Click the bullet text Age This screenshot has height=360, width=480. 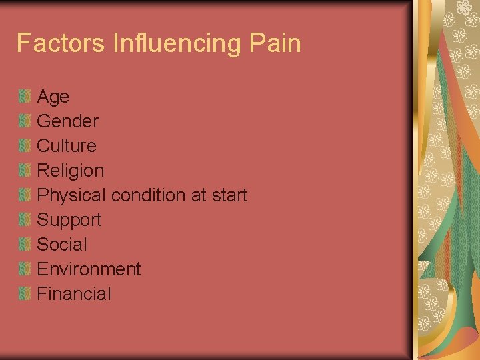[x=53, y=97]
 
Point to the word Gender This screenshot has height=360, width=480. [x=67, y=121]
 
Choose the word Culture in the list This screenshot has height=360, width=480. [x=67, y=146]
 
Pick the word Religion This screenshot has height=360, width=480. [x=71, y=171]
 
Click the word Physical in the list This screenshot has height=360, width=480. [x=71, y=195]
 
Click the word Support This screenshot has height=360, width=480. [x=69, y=220]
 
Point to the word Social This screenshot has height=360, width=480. [x=62, y=245]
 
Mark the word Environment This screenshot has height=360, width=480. [x=89, y=269]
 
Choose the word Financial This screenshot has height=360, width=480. [x=74, y=294]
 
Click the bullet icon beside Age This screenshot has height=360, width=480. [x=25, y=97]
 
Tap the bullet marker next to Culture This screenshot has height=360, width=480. [x=25, y=146]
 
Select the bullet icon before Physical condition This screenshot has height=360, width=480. [x=25, y=195]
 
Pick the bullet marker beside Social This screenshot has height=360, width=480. [x=25, y=245]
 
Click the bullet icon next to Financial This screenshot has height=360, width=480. [x=25, y=294]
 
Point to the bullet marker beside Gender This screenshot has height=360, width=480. [x=25, y=121]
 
